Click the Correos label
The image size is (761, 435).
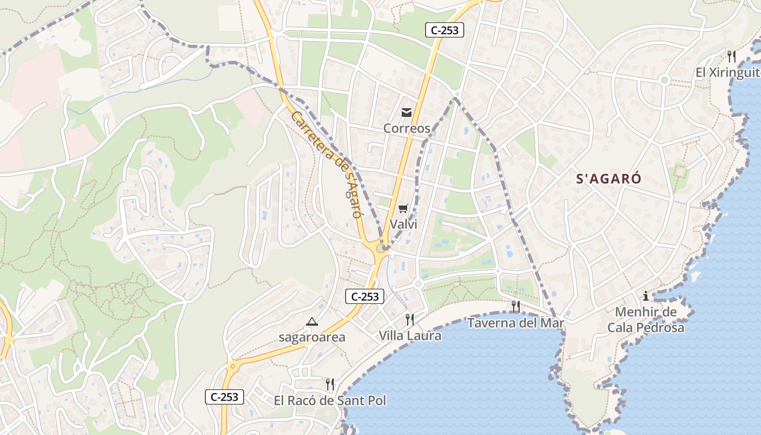click(x=407, y=128)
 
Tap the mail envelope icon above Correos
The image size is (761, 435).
click(x=407, y=113)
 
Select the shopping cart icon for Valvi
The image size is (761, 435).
click(x=403, y=209)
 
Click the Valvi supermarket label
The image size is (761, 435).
click(x=403, y=224)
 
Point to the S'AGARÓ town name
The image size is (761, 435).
click(x=609, y=179)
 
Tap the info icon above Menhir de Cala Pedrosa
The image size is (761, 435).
click(x=646, y=296)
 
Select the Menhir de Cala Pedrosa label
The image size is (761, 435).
click(x=646, y=320)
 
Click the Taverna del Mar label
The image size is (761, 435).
click(x=516, y=323)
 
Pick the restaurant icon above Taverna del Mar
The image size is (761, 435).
click(x=515, y=307)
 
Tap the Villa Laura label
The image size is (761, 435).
click(x=410, y=335)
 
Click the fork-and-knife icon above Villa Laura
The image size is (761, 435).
click(x=409, y=320)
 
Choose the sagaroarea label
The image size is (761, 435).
click(x=311, y=337)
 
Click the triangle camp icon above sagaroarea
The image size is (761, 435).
click(x=311, y=322)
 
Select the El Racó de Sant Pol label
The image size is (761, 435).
click(x=330, y=401)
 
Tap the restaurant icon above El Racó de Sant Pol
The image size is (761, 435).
click(x=329, y=385)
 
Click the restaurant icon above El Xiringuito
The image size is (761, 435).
click(x=732, y=56)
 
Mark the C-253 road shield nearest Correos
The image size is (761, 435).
click(x=444, y=30)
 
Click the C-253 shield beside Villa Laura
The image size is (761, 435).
click(x=365, y=296)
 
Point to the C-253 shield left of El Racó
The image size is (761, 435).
click(x=224, y=397)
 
